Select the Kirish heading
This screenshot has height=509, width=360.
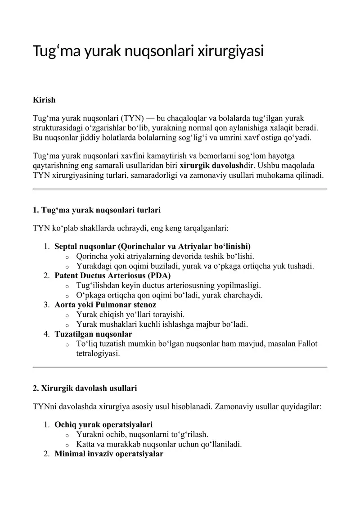[44, 100]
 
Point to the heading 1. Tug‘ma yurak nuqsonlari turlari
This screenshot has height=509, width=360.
[97, 210]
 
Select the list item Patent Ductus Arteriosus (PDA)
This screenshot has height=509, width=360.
[112, 275]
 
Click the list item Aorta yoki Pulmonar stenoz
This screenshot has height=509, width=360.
[105, 305]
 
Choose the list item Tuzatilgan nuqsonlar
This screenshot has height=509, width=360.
[93, 334]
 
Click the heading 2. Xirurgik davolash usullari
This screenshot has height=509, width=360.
[85, 388]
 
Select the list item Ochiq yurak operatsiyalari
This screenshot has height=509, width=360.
[103, 424]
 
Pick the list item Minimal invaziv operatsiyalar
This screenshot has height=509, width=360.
[108, 454]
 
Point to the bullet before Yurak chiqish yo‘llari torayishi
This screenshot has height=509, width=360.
[67, 315]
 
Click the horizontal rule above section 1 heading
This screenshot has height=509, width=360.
[180, 189]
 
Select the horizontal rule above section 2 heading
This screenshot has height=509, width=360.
[180, 367]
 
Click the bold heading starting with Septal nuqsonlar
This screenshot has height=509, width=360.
[153, 246]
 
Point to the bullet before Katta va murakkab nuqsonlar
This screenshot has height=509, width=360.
[67, 445]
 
